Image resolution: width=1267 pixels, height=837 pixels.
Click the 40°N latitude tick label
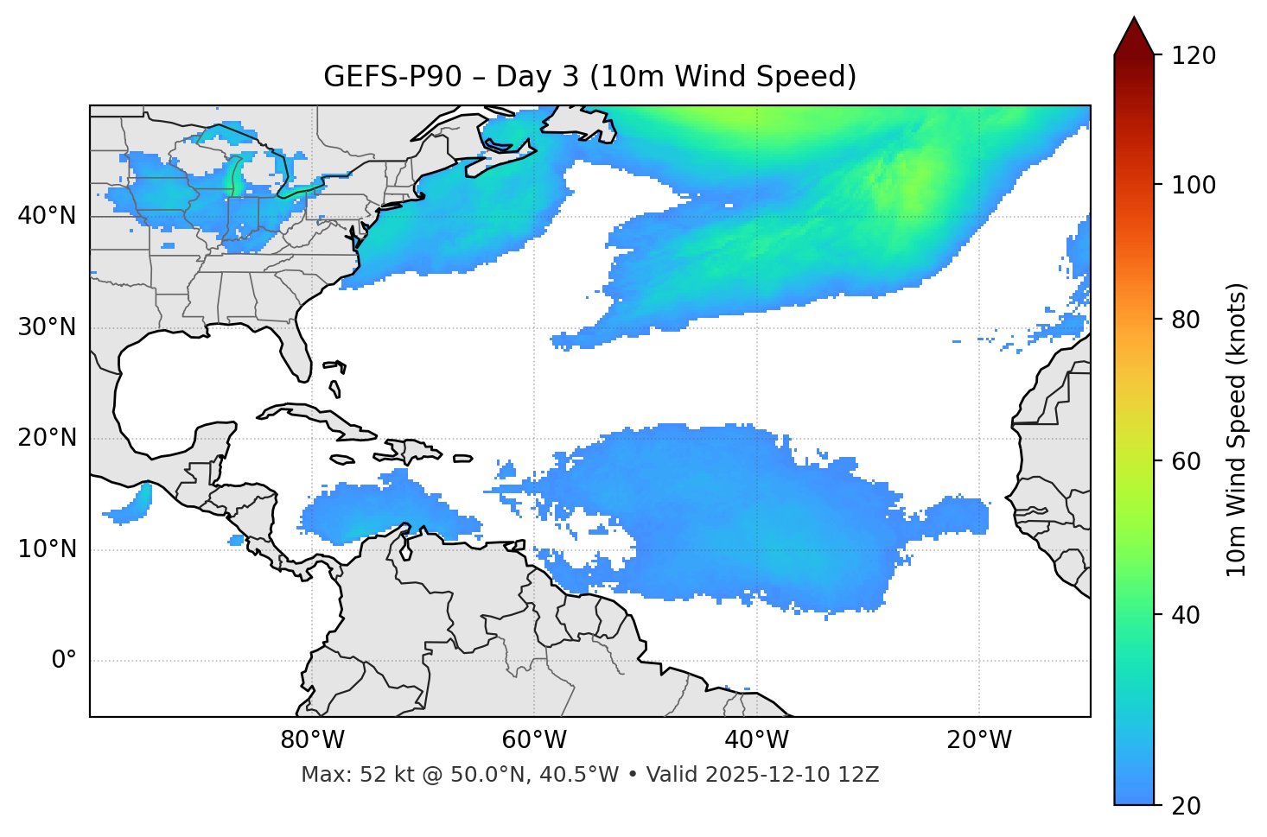point(47,216)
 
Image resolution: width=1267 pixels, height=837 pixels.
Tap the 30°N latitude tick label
point(47,327)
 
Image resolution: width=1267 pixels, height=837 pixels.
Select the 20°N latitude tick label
point(47,438)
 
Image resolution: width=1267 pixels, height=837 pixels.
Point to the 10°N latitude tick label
point(47,549)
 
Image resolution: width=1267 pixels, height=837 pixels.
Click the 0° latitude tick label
point(64,661)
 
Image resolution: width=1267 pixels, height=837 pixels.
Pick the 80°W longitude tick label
point(312,740)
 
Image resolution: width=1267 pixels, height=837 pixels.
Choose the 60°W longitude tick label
point(534,740)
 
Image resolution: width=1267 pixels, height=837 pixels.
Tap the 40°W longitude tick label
point(756,740)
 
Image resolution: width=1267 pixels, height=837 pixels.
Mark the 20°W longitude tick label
point(978,740)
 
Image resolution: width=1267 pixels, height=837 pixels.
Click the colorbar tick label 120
point(1194,56)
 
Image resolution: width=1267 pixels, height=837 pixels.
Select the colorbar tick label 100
point(1194,185)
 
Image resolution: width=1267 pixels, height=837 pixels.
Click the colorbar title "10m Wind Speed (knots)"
point(1237,429)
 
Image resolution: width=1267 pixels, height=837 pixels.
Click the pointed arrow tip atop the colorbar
point(1134,21)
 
